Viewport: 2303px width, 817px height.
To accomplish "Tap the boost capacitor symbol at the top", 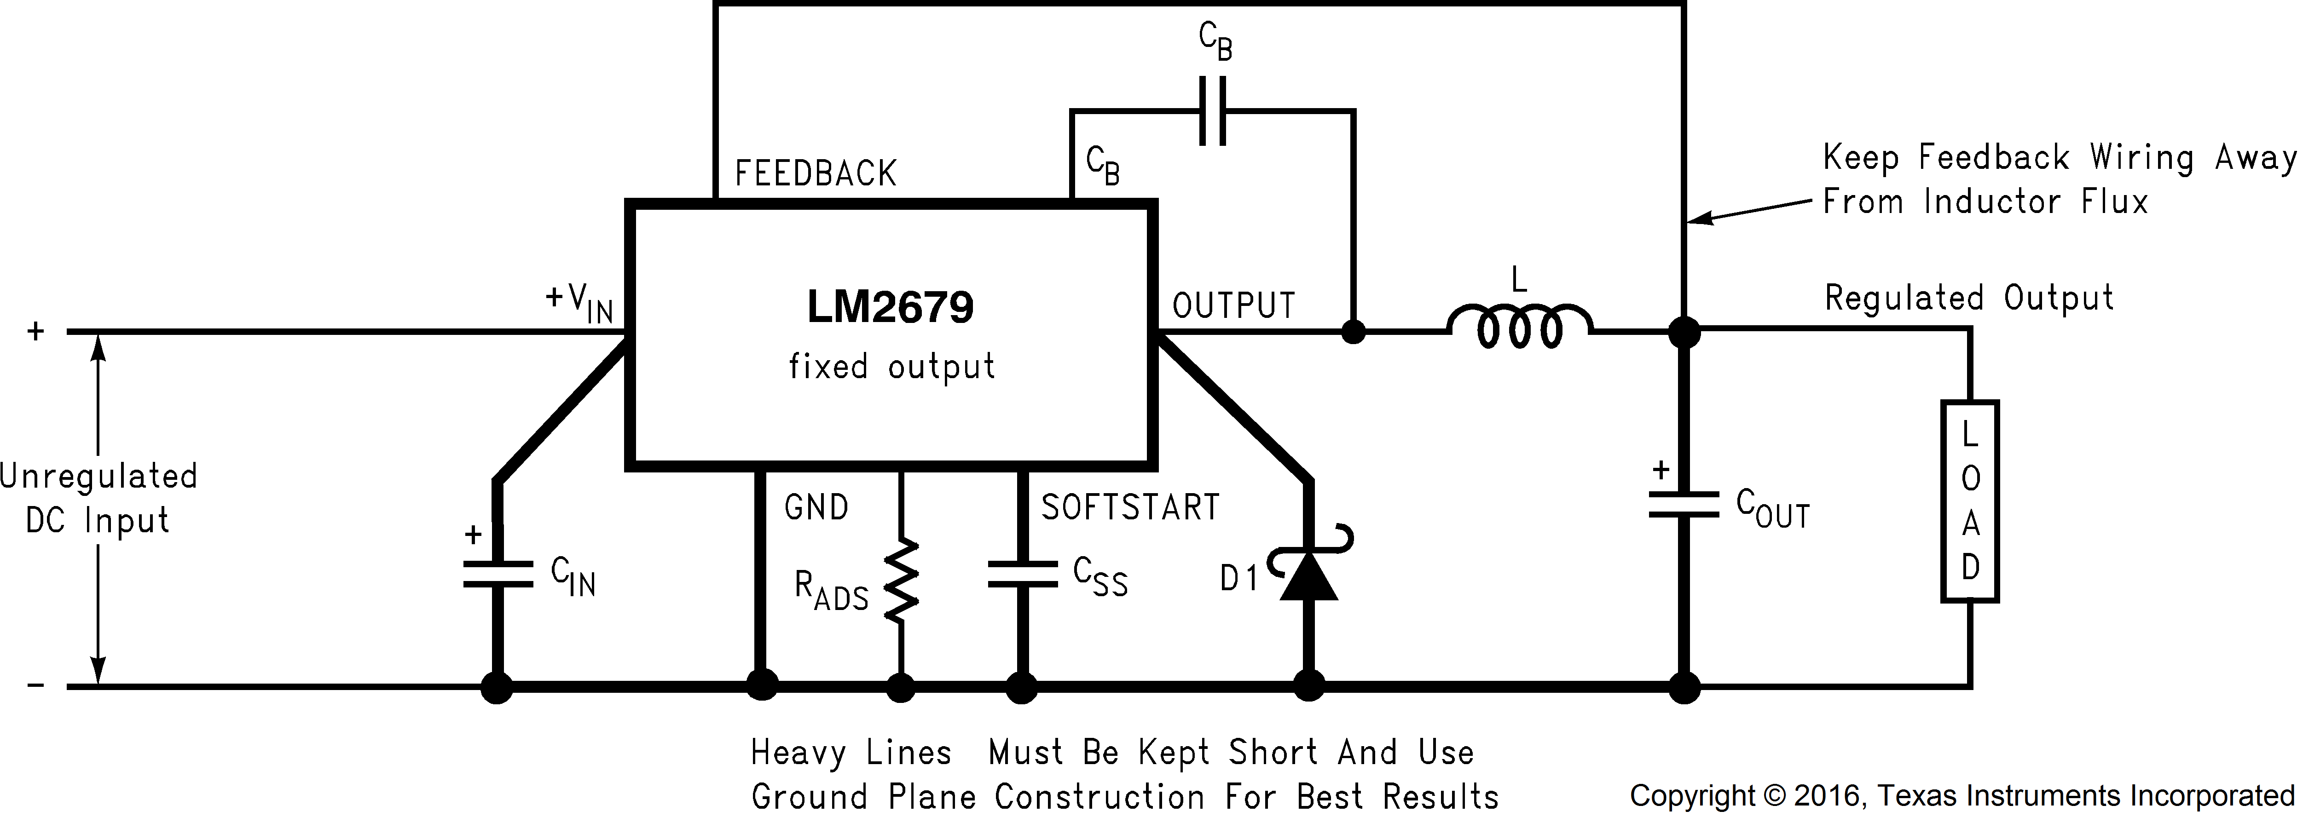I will (1212, 111).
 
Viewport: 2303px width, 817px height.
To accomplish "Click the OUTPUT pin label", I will (1234, 306).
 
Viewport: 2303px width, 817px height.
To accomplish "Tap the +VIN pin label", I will (579, 302).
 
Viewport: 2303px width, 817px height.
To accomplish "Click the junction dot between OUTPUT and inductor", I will (1354, 333).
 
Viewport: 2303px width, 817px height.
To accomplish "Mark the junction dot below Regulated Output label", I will (1684, 333).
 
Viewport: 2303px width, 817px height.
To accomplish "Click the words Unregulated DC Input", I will (98, 498).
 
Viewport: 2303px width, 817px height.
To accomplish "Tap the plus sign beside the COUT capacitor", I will (1660, 470).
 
